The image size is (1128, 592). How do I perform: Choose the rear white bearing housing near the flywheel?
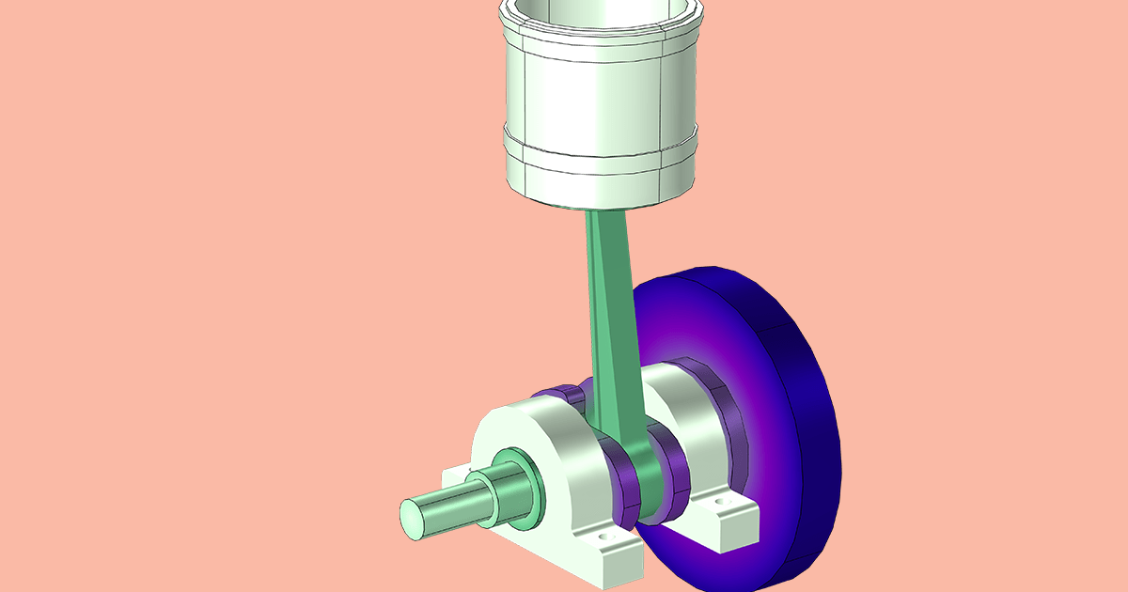(686, 413)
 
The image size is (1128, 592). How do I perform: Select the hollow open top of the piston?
(602, 14)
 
